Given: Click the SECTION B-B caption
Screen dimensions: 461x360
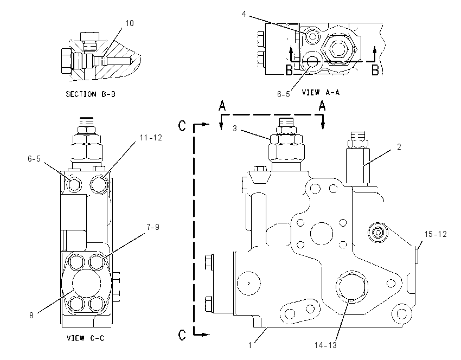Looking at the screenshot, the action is (x=91, y=94).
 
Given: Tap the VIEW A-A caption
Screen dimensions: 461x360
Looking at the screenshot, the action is (x=321, y=92).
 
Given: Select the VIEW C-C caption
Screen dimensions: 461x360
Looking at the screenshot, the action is (x=86, y=338).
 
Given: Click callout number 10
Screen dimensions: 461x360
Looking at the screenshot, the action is (x=130, y=23).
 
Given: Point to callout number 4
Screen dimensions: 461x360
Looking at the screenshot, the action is (x=244, y=14).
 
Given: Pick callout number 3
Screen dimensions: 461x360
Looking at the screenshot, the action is (x=235, y=128).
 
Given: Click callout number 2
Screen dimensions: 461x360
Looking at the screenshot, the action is (x=399, y=146).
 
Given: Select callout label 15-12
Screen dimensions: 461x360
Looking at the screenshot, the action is (x=436, y=234).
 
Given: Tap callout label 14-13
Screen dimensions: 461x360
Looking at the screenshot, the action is (x=325, y=345).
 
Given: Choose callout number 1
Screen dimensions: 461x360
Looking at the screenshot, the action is (x=250, y=345).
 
